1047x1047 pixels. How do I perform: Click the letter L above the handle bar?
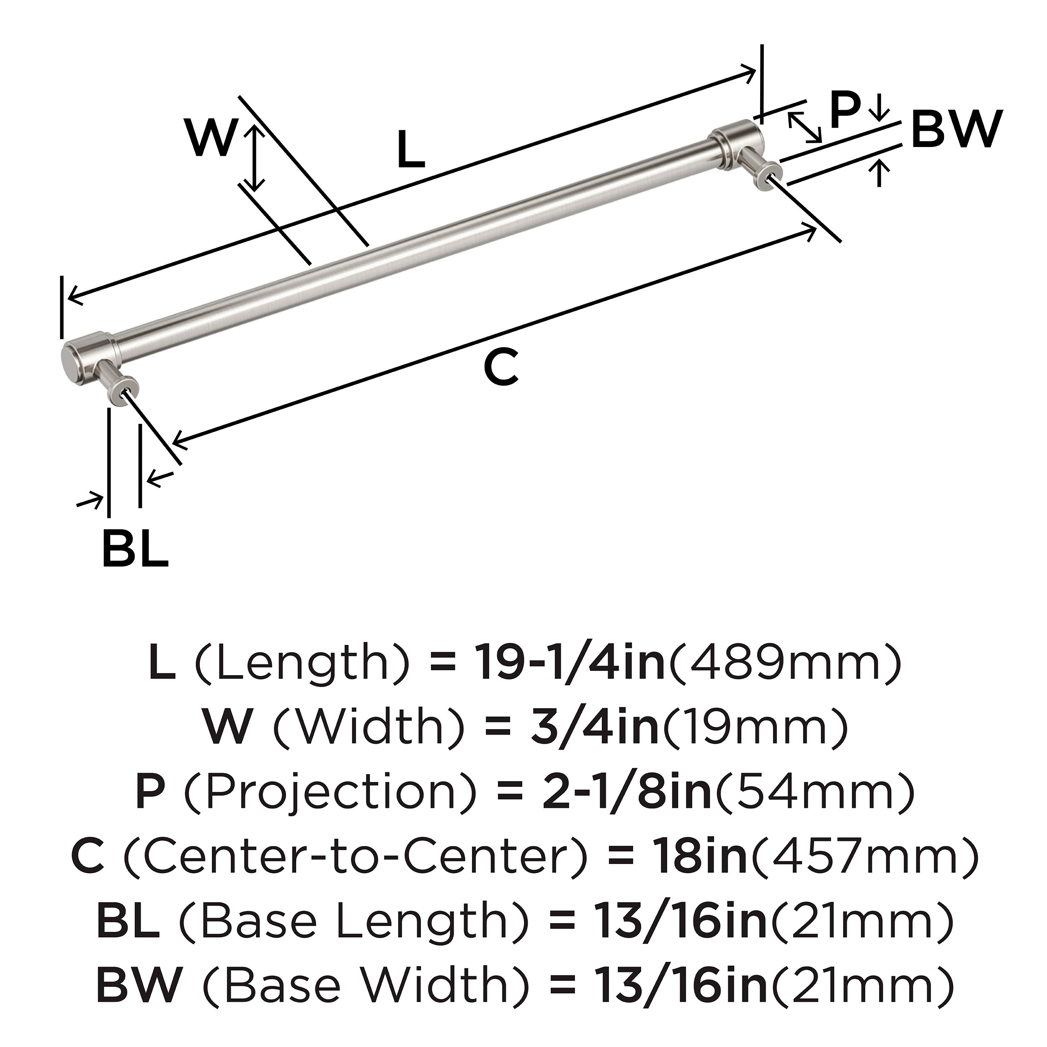pyautogui.click(x=410, y=150)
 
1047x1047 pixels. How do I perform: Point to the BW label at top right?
pyautogui.click(x=956, y=129)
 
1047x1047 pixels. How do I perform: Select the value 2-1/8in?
pyautogui.click(x=626, y=792)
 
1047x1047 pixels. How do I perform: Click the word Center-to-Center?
pyautogui.click(x=355, y=856)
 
